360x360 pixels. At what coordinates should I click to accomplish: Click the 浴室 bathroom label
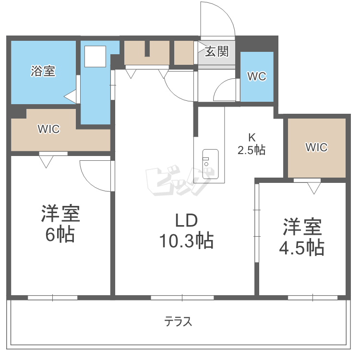point(43,72)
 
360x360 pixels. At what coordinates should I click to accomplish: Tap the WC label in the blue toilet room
point(256,76)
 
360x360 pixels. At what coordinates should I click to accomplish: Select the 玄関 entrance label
point(217,51)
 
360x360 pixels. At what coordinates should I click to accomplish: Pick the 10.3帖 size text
point(186,240)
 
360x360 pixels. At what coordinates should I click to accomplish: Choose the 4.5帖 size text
point(302,248)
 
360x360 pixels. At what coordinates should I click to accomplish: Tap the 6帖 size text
point(60,234)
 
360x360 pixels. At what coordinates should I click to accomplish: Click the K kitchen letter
point(252,136)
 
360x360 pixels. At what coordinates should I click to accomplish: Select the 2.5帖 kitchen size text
point(252,150)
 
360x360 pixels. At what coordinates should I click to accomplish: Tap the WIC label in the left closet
point(48,129)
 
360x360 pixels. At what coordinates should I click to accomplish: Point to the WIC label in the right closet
point(316,147)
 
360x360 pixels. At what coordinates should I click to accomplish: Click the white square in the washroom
point(95,57)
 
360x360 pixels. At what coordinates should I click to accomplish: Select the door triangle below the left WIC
point(46,162)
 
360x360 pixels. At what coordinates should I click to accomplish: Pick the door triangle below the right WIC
point(314,188)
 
